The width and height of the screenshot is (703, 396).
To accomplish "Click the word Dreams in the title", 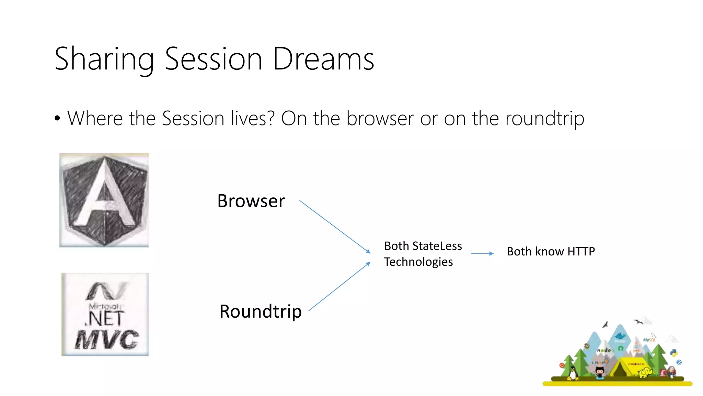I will click(x=323, y=59).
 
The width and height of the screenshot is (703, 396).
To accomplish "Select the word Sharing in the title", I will click(x=104, y=59).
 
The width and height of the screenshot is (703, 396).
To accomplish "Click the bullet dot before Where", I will click(x=57, y=119).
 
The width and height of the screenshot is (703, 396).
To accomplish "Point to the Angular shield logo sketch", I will click(x=104, y=200).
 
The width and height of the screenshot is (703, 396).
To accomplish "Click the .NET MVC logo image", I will click(x=105, y=314).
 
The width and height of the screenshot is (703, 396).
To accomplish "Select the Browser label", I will click(x=251, y=201).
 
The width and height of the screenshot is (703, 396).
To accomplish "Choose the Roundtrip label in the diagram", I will click(x=260, y=311).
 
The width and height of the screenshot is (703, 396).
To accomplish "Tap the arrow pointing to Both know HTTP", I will click(x=482, y=253).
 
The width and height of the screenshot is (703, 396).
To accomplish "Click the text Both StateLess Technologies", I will click(x=423, y=254).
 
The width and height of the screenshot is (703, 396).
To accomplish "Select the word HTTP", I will click(x=581, y=251).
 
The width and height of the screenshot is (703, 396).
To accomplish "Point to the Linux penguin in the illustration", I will click(x=572, y=373).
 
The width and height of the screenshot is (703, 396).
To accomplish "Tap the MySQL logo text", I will click(x=649, y=340).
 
